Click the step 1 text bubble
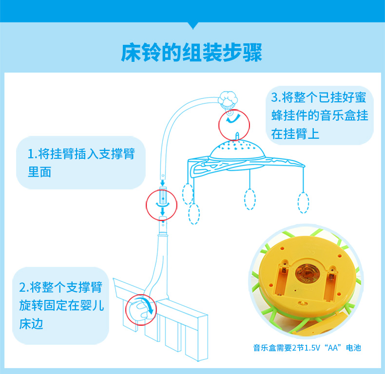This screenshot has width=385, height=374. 81,163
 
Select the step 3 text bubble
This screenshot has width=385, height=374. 320,115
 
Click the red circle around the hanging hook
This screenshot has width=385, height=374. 233,124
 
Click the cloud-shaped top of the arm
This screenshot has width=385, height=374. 227,99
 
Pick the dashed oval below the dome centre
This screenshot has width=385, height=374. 250,199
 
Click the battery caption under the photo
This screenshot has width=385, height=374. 307,348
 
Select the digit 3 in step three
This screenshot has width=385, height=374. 274,96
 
